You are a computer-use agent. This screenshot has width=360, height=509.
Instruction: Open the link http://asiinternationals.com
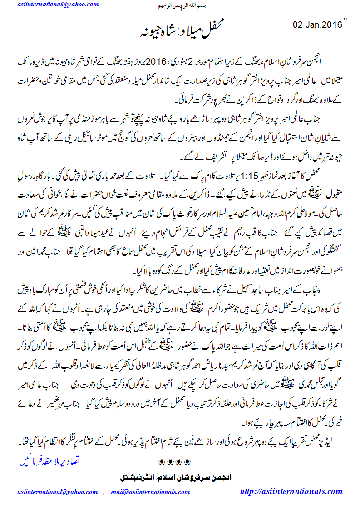click(295, 491)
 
